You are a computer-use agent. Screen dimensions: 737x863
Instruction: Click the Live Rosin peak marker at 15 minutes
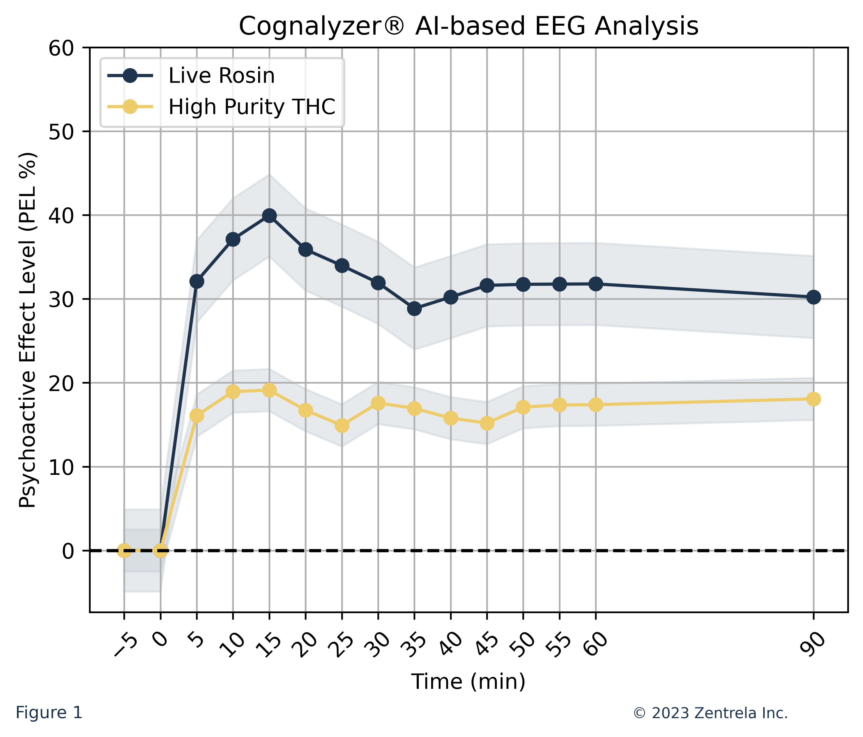pos(269,216)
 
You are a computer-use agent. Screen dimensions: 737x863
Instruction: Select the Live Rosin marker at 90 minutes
pos(813,297)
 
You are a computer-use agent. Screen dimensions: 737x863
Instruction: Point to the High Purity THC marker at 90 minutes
pos(813,399)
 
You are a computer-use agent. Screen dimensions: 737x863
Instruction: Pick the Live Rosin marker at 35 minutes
pos(414,309)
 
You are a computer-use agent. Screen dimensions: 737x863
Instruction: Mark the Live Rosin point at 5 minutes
pos(197,282)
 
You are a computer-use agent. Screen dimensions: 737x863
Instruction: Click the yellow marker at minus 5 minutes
pos(124,551)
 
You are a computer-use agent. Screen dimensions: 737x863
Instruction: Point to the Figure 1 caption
pos(49,713)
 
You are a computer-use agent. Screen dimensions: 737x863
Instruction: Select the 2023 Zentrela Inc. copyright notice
pos(710,713)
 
